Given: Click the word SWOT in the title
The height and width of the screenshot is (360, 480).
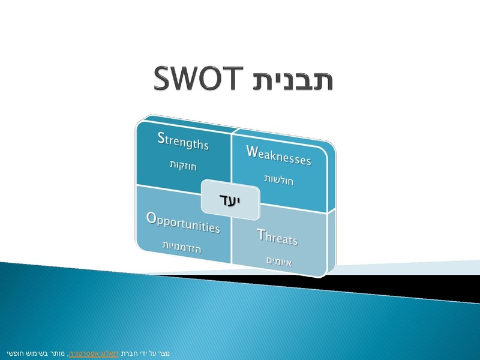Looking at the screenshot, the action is point(198,78).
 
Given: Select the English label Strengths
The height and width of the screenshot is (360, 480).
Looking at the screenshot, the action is point(183,141).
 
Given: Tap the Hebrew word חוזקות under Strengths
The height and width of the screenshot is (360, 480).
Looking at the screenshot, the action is point(183,166).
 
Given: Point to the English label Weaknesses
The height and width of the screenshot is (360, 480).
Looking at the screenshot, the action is point(278,156).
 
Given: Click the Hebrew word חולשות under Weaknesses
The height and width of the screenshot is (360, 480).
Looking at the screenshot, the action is point(278,180).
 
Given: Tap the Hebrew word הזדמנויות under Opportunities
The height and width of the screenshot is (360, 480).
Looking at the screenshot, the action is point(182,247).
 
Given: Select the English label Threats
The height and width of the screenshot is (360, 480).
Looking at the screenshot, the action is point(277,237).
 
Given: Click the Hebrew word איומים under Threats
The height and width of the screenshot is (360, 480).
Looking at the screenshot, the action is point(279,262).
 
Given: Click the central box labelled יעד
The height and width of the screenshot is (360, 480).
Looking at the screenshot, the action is point(230,200).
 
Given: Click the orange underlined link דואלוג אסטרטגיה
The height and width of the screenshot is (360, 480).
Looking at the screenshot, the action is point(94,353).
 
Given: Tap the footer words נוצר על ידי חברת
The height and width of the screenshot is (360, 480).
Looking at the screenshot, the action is point(145,353).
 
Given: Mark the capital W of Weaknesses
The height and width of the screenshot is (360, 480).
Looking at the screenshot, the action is point(252,151).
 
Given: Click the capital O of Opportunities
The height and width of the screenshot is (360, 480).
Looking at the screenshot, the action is point(152,218).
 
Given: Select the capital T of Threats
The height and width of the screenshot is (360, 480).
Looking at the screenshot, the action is point(261,235).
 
